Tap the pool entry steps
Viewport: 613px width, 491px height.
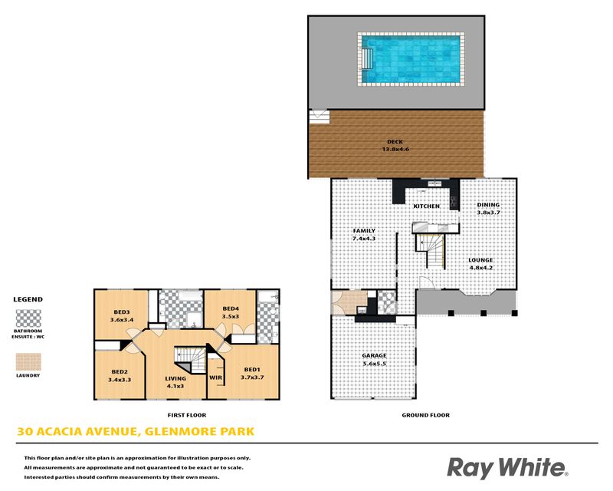coord(366,59)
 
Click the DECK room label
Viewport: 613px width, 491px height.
coord(395,142)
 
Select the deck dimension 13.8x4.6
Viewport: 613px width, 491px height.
coord(395,149)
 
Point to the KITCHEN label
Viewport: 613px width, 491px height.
coord(427,206)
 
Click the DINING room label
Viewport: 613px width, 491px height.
coord(488,205)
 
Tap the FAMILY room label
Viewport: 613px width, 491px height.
coord(364,231)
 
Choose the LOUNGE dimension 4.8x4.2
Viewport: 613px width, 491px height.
coord(481,268)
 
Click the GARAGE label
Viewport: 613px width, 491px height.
coord(374,355)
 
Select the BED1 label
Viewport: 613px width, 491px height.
coord(252,370)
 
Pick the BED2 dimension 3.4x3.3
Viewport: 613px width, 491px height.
coord(120,380)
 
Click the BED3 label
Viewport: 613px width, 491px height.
coord(122,312)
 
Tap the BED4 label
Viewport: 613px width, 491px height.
coord(231,308)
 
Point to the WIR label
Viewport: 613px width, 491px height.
coord(216,378)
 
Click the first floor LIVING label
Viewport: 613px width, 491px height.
coord(175,379)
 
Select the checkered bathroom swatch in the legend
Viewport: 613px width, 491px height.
coord(28,318)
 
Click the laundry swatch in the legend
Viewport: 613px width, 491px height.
coord(28,362)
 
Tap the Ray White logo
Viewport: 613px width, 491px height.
coord(507,468)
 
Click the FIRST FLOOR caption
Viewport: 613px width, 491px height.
coord(187,415)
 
